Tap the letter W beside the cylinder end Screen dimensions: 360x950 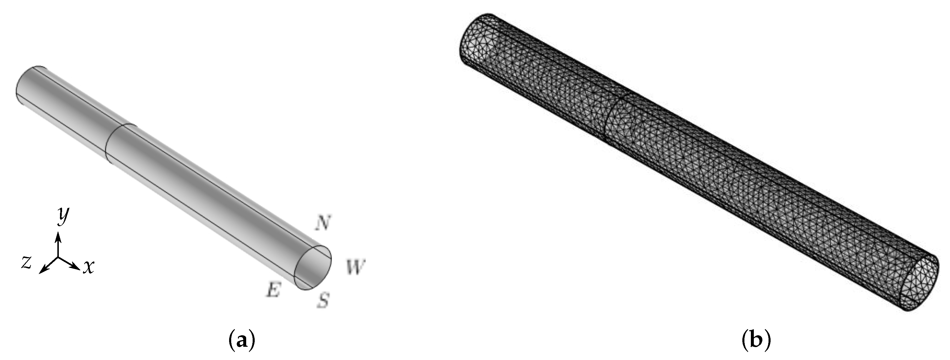coord(355,267)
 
